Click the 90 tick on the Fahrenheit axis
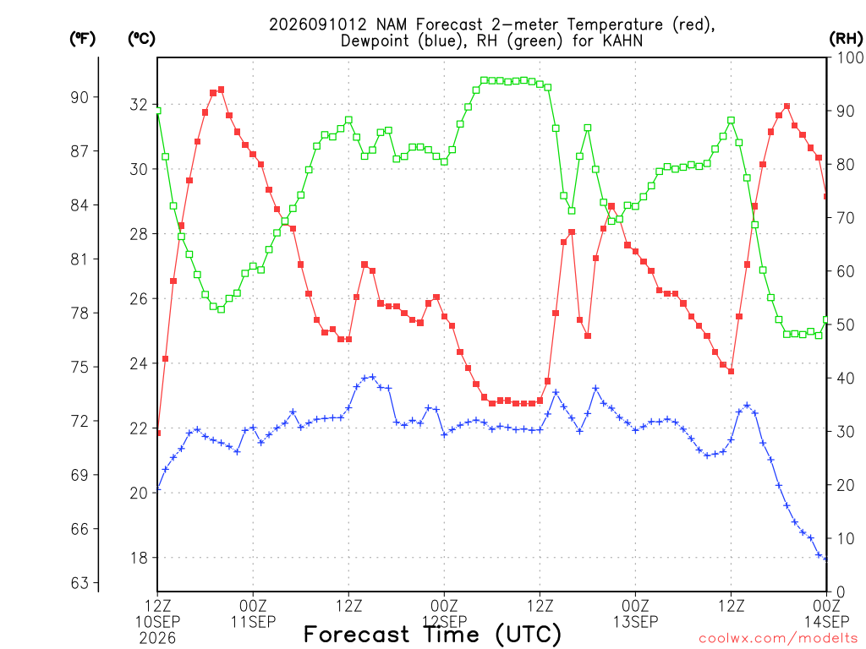click(x=79, y=97)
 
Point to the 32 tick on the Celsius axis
click(x=139, y=104)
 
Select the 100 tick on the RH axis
click(x=850, y=57)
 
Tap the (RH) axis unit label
click(x=846, y=38)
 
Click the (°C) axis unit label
click(x=141, y=38)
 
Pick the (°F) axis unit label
click(x=82, y=38)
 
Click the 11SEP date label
click(x=253, y=622)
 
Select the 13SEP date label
click(x=636, y=622)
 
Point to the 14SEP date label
click(x=826, y=622)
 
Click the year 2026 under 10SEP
click(x=157, y=639)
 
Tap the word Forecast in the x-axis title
click(x=357, y=634)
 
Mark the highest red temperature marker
click(x=221, y=90)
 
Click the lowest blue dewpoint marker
click(x=826, y=559)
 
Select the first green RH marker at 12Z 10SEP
click(x=158, y=111)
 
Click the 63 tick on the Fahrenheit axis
click(x=79, y=583)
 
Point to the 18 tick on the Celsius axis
click(x=139, y=558)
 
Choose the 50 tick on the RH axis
click(x=846, y=324)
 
